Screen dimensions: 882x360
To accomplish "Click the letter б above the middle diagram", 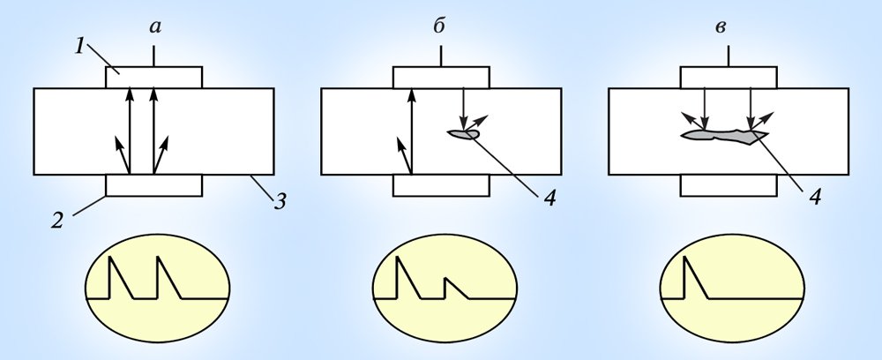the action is coord(440,26).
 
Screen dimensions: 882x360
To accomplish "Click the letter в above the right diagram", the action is coord(721,27).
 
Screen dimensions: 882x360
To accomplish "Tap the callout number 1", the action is coord(80,47).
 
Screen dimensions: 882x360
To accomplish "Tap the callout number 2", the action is coord(56,221).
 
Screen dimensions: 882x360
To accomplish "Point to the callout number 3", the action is coord(280,201).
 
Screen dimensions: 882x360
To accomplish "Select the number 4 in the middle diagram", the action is coord(550,198).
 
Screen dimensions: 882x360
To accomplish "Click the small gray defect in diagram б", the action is coord(464,134).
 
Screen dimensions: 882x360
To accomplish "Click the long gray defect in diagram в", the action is coord(724,135).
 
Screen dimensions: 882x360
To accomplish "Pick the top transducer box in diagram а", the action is coord(153,78).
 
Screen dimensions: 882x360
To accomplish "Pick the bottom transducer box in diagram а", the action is coord(153,185).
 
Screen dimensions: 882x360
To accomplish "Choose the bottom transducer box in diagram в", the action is coord(729,185).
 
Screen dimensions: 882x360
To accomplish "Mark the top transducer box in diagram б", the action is coord(441,78).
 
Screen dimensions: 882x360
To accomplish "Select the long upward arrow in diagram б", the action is coord(412,131).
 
